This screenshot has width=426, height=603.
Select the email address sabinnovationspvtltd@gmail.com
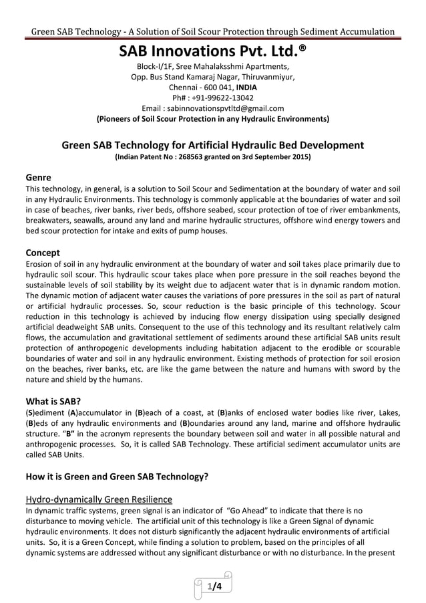click(x=232, y=108)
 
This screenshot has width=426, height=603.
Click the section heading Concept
click(x=43, y=253)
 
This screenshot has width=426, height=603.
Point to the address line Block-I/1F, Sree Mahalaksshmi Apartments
click(x=212, y=66)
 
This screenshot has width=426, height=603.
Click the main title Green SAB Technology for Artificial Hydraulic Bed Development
click(x=212, y=144)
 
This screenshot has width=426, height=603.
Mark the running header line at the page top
click(x=212, y=31)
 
